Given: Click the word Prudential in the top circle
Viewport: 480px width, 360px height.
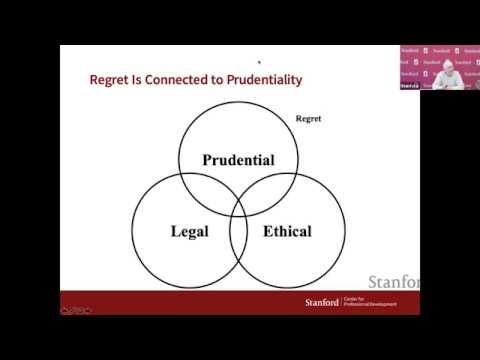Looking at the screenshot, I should coord(238,160).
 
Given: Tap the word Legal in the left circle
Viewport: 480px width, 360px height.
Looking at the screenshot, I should coord(189,232).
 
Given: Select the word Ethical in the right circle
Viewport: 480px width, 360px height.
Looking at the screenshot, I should coord(287,232).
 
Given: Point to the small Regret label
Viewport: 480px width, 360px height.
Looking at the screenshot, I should coord(307,119).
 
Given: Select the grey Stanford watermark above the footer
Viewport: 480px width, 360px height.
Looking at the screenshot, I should coord(395,282).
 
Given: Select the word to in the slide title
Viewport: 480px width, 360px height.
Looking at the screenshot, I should coord(207,79).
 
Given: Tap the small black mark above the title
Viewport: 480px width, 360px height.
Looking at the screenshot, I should coord(259,60).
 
